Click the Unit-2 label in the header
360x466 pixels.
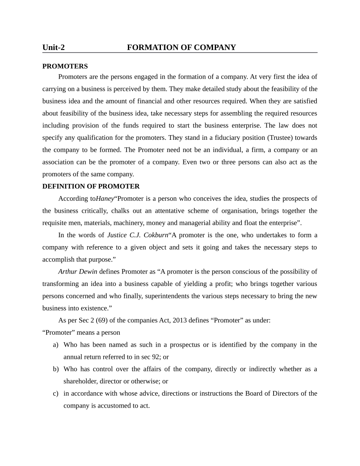pyautogui.click(x=53, y=47)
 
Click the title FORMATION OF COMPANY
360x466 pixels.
pyautogui.click(x=181, y=47)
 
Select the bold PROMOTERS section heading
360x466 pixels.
pyautogui.click(x=65, y=67)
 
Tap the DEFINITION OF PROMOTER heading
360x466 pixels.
pyautogui.click(x=91, y=186)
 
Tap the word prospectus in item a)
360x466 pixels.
pyautogui.click(x=183, y=345)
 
